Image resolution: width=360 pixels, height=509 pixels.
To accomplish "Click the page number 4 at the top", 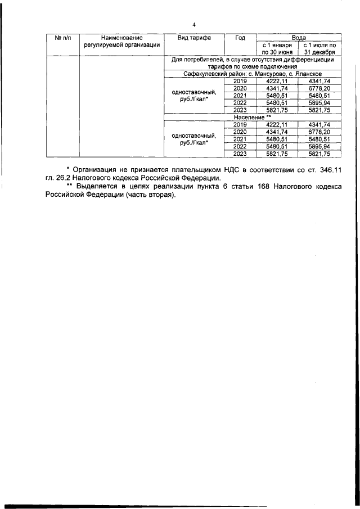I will (193, 25).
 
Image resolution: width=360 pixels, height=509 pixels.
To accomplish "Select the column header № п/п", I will (62, 38).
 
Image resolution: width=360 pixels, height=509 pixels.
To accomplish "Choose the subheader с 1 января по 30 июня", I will (277, 48).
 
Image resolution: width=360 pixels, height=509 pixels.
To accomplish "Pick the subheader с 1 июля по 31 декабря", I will (319, 48).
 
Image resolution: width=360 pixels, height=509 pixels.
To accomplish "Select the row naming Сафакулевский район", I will (253, 74).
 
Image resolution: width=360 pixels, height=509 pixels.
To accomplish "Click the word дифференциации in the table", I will (303, 59).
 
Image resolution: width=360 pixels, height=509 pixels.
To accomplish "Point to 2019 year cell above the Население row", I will (240, 82).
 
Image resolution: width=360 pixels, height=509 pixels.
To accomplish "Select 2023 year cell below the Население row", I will (240, 154).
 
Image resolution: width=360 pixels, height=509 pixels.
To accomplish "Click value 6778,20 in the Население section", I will (319, 132).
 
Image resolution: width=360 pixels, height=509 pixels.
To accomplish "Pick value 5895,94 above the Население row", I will (319, 103).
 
